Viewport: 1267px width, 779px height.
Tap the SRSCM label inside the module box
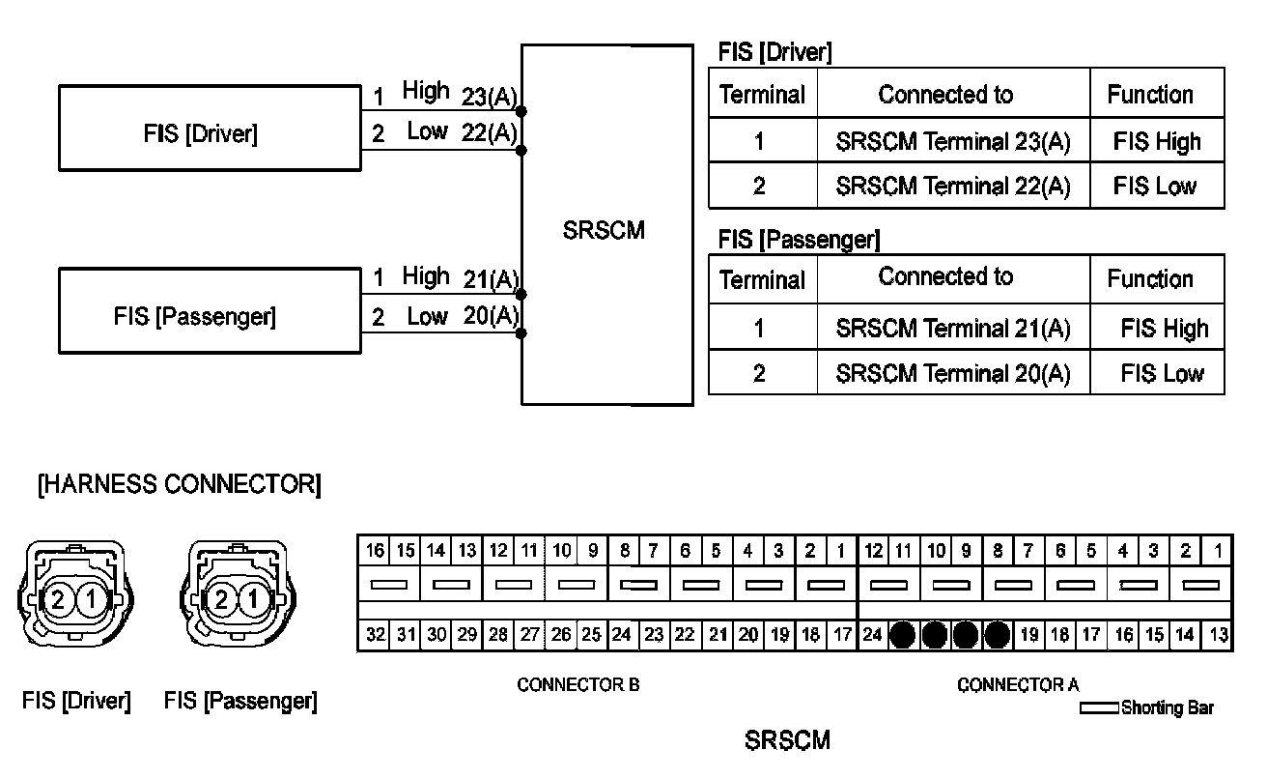coord(604,232)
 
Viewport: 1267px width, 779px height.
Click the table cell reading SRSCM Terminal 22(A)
coord(952,186)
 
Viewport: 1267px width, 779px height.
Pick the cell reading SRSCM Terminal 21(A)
coord(952,329)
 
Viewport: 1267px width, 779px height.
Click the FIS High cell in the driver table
coord(1156,142)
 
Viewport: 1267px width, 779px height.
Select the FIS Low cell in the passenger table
coord(1162,373)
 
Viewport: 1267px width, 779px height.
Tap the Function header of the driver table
coord(1150,95)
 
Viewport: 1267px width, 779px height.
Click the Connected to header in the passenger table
coord(945,277)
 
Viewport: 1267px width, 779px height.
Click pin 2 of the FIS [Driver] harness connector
coord(58,600)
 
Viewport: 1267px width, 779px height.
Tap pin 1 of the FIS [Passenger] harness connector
coord(253,600)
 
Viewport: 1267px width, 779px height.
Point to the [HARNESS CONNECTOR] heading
coord(179,484)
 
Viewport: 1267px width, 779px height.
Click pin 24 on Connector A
coord(872,635)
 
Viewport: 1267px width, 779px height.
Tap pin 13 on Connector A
coord(1219,635)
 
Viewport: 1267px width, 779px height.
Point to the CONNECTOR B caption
coord(577,685)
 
